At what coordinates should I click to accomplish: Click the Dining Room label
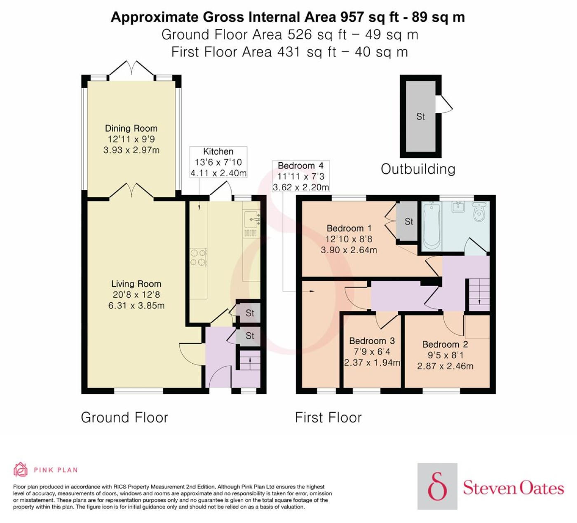point(131,128)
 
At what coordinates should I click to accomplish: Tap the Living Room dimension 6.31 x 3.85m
point(136,305)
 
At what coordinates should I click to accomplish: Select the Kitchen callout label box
point(218,162)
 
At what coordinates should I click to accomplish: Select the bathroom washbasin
point(458,206)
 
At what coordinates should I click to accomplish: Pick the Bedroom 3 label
point(372,341)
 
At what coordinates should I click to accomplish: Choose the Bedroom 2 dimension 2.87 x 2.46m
point(445,366)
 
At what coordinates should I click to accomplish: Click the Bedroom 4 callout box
point(301,176)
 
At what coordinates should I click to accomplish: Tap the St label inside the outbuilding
point(420,117)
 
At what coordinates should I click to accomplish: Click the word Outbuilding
point(418,169)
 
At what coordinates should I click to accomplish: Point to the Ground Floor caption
point(124,418)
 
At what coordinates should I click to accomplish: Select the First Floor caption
point(328,418)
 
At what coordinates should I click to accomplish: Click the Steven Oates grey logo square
point(438,486)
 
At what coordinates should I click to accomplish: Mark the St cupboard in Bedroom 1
point(407,221)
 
